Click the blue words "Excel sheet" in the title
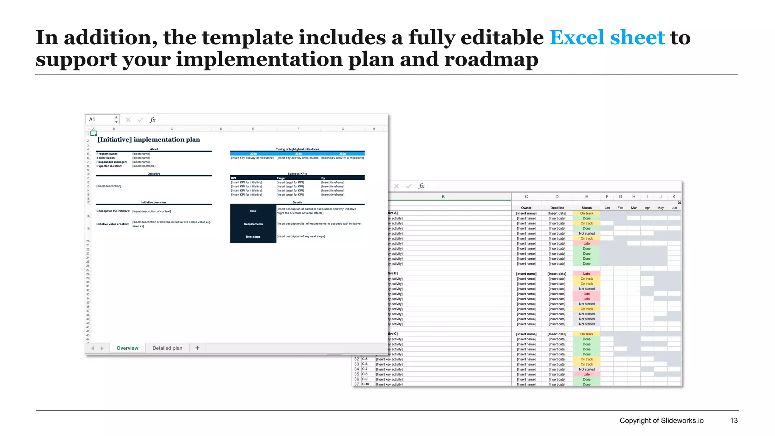point(607,38)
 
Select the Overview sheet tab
point(127,348)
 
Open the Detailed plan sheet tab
point(167,348)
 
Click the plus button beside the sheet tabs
point(197,348)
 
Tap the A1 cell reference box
point(100,120)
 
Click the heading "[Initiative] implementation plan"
point(148,140)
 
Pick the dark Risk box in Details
point(253,211)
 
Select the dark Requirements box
point(253,224)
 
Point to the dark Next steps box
point(253,237)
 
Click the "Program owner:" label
point(107,154)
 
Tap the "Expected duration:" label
point(109,166)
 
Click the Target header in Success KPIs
point(281,178)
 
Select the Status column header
point(587,208)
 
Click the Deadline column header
point(557,208)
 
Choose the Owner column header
point(526,208)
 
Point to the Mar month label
point(634,208)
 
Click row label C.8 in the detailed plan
point(365,374)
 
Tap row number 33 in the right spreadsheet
point(356,364)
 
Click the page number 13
point(734,420)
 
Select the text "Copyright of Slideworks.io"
point(661,420)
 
